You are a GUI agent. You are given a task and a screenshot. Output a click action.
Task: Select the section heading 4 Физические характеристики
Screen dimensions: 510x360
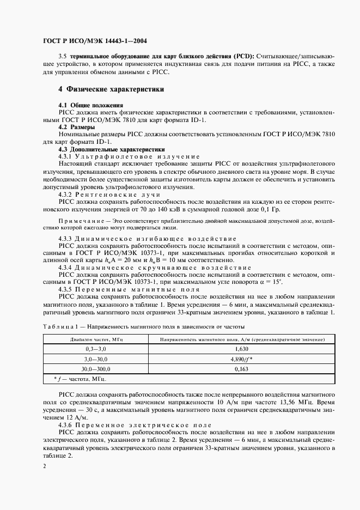pyautogui.click(x=112, y=89)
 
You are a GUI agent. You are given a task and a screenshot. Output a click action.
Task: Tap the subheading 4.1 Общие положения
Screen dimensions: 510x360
pyautogui.click(x=90, y=104)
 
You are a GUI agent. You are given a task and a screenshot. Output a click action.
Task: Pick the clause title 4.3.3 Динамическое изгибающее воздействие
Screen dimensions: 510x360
pyautogui.click(x=147, y=239)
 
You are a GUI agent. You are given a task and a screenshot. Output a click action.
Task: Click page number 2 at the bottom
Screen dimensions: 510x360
pyautogui.click(x=45, y=466)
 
